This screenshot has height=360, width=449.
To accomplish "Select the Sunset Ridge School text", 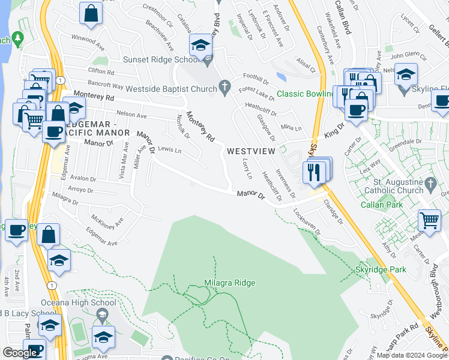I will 161,59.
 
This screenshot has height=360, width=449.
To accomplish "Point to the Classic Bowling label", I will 305,94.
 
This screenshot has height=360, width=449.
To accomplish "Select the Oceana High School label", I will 78,302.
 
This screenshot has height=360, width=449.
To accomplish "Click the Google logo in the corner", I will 19,353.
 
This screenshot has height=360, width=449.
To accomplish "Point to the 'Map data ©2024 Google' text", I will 412,355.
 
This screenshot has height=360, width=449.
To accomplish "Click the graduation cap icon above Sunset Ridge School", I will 200,44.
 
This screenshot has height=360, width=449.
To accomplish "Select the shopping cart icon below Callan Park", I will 429,220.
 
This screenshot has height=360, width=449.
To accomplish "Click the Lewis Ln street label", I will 170,151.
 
